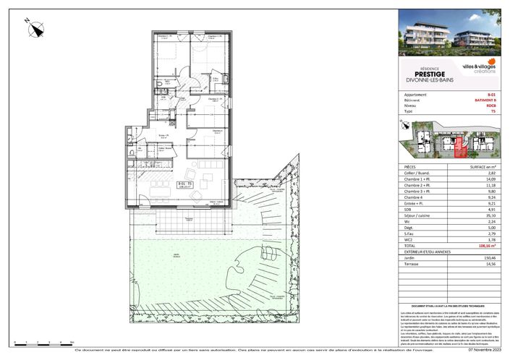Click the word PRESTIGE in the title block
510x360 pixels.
430,73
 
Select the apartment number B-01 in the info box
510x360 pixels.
491,95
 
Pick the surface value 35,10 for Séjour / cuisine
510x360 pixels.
491,214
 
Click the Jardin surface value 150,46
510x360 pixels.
490,257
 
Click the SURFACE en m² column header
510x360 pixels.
479,166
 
